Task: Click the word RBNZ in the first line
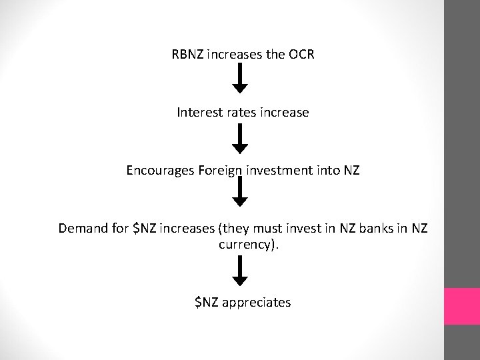(x=189, y=55)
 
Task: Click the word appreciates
(x=257, y=303)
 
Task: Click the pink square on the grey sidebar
(x=462, y=307)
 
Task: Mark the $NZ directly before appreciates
(x=206, y=303)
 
